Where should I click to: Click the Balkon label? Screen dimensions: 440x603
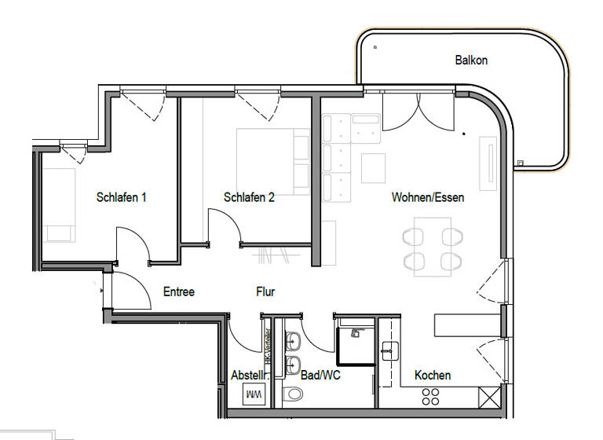pyautogui.click(x=471, y=60)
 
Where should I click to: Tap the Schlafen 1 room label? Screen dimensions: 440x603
pyautogui.click(x=122, y=197)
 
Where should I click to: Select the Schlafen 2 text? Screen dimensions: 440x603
pyautogui.click(x=249, y=197)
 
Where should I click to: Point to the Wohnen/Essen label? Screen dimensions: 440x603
pyautogui.click(x=428, y=197)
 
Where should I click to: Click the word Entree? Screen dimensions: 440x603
pyautogui.click(x=178, y=291)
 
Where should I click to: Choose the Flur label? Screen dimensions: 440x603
pyautogui.click(x=265, y=291)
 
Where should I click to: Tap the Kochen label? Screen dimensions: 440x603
pyautogui.click(x=433, y=375)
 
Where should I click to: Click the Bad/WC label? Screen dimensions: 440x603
pyautogui.click(x=320, y=375)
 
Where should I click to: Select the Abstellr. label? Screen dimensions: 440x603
pyautogui.click(x=248, y=375)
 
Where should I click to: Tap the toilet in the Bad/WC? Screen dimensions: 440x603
pyautogui.click(x=292, y=394)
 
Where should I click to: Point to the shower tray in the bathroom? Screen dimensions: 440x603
pyautogui.click(x=355, y=346)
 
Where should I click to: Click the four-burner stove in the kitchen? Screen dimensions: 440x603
pyautogui.click(x=432, y=396)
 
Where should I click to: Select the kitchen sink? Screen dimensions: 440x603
pyautogui.click(x=389, y=350)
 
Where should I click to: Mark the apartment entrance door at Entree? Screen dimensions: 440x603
pyautogui.click(x=130, y=291)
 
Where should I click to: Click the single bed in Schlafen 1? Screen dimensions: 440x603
pyautogui.click(x=60, y=204)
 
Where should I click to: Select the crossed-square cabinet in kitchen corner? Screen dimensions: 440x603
pyautogui.click(x=489, y=397)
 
